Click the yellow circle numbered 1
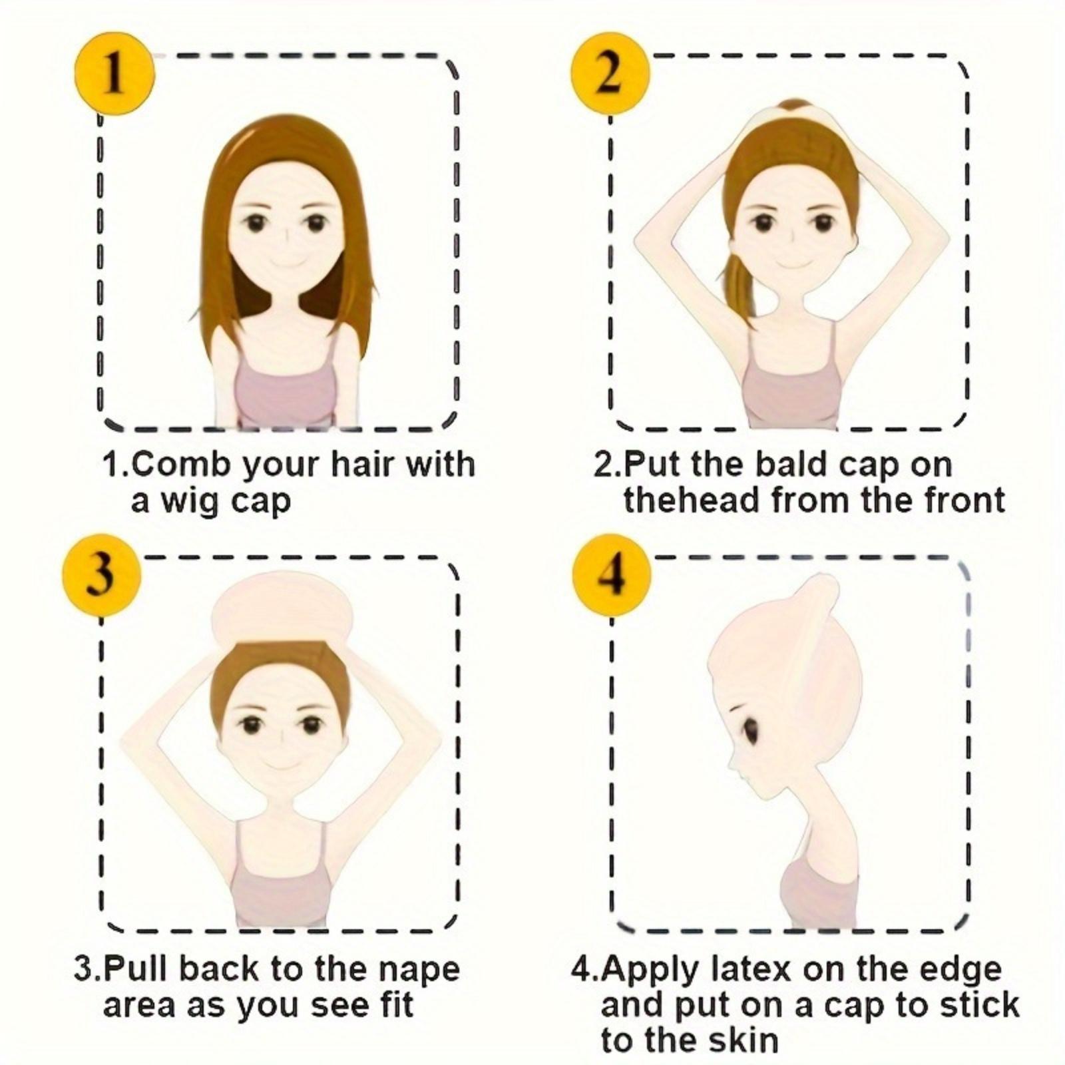(114, 75)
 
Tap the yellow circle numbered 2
(610, 75)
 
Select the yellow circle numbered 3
(101, 575)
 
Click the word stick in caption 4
(979, 1004)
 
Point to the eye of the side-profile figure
(751, 731)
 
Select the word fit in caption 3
(397, 1005)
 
